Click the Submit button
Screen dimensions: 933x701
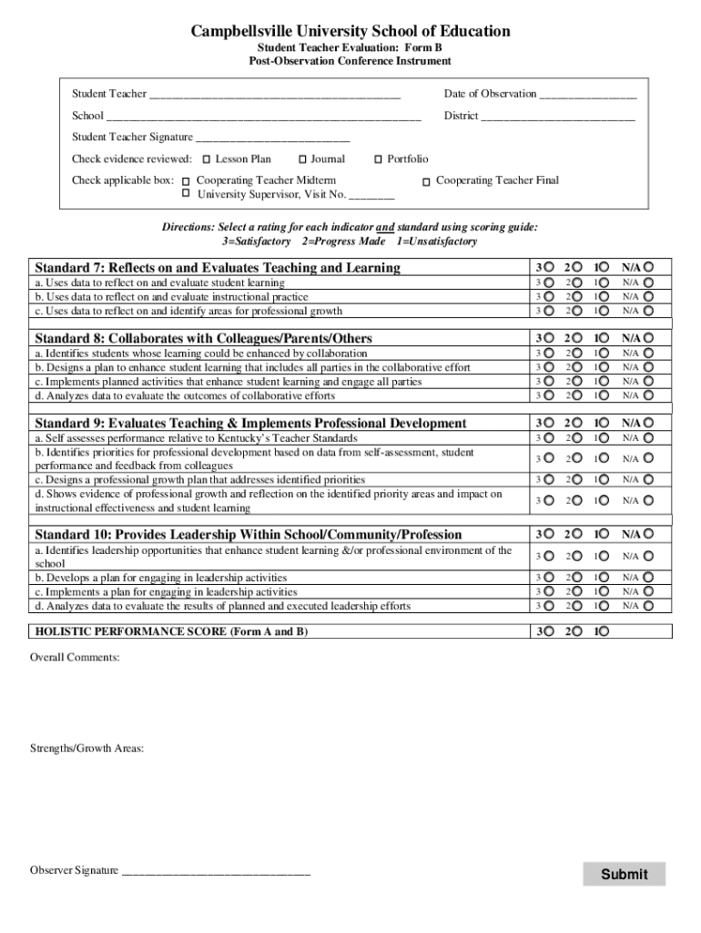pos(624,874)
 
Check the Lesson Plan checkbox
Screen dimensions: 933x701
pos(207,159)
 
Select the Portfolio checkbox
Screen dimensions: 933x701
pos(379,159)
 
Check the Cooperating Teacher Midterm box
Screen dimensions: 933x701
pos(187,181)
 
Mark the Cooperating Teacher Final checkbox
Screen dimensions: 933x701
pos(426,182)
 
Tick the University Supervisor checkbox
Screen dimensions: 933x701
pos(187,194)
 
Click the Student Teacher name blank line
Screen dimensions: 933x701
pos(274,95)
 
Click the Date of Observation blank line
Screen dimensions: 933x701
pos(587,95)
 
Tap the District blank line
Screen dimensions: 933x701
pos(557,117)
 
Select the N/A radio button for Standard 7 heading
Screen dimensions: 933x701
pos(649,267)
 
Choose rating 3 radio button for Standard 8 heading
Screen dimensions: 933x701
pos(549,338)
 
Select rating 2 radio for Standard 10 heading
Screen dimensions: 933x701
pos(577,534)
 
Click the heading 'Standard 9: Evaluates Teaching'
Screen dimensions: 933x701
pos(250,424)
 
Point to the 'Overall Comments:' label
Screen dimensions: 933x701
pos(75,657)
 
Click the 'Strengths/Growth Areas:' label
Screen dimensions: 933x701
pos(86,748)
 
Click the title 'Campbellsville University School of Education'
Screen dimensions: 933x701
pos(350,32)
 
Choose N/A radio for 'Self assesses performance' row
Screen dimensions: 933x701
pos(649,438)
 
